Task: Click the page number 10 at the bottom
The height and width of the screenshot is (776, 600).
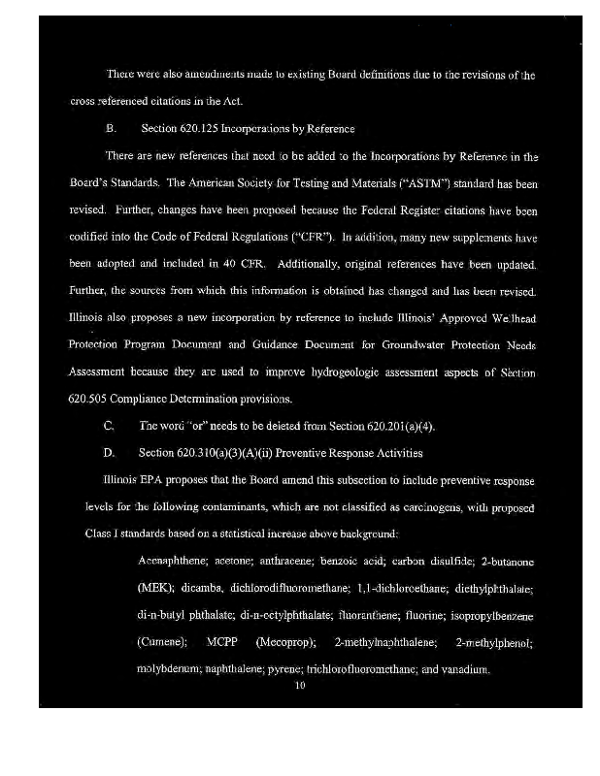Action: [x=300, y=686]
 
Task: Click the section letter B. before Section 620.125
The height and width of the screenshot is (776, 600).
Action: [x=110, y=129]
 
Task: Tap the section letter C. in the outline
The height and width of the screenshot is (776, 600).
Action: [x=109, y=426]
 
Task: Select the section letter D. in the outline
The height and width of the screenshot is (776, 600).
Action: [x=109, y=453]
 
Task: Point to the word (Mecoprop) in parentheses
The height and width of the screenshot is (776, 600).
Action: [x=285, y=643]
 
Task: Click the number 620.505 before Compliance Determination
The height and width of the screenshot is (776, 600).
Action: [x=88, y=399]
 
